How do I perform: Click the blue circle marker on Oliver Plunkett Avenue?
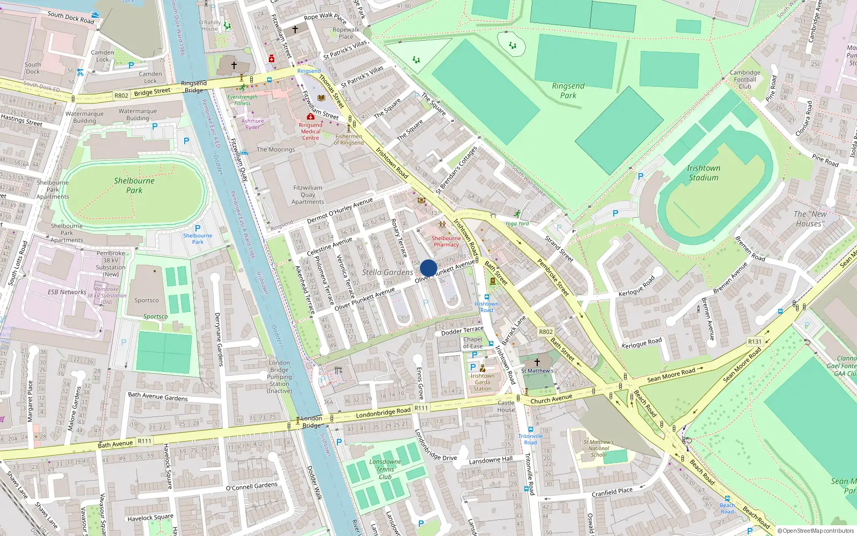[428, 268]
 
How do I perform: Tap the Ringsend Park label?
[568, 91]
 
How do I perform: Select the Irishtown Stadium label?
[703, 173]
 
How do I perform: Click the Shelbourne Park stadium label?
[134, 185]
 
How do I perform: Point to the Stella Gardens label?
[387, 272]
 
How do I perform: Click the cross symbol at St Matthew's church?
[537, 362]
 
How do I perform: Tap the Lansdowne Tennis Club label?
[385, 469]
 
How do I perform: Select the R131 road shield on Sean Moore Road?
[755, 341]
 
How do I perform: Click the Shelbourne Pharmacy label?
[446, 241]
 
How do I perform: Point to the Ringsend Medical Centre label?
[311, 131]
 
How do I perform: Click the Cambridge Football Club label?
[745, 79]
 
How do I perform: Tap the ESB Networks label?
[67, 292]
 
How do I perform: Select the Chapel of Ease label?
[472, 343]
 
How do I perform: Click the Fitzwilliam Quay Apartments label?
[307, 195]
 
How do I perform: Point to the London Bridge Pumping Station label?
[279, 377]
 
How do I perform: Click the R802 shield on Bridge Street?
[122, 95]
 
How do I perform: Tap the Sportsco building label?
[146, 301]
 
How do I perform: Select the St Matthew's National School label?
[598, 449]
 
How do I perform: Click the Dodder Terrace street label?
[462, 331]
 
